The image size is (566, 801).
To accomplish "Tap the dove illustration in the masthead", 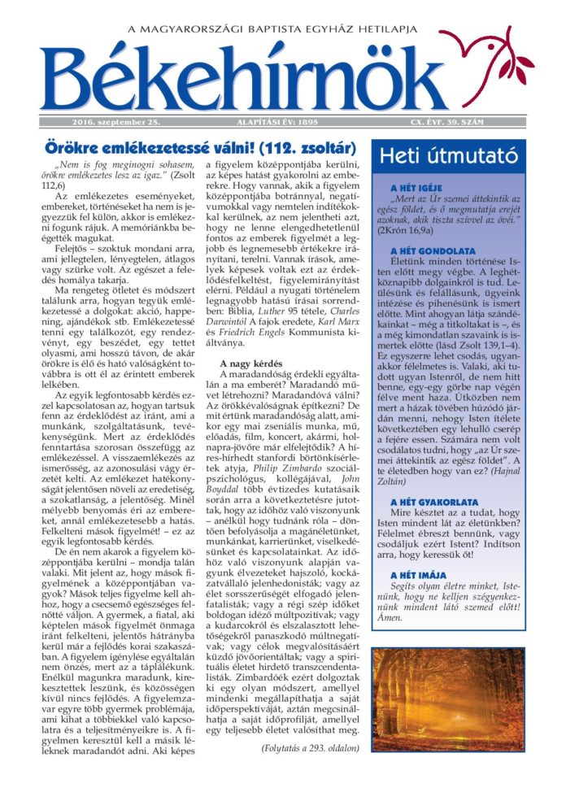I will pyautogui.click(x=498, y=65).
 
